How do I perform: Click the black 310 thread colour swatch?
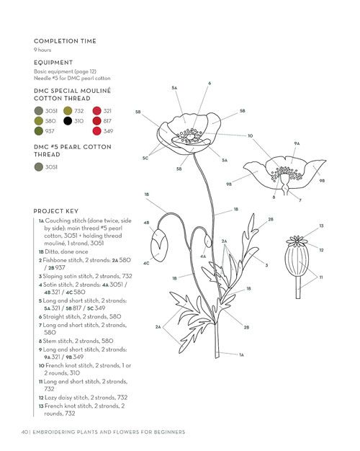(x=68, y=121)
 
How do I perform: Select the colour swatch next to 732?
(x=68, y=111)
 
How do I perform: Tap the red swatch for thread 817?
(x=97, y=121)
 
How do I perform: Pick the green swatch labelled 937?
(x=39, y=131)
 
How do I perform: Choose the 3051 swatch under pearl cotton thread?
(x=39, y=167)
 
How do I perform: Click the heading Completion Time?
(x=65, y=41)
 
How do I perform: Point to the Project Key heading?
(x=55, y=211)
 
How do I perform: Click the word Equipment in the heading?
(x=53, y=63)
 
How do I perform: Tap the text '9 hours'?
(x=42, y=50)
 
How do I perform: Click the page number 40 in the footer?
(x=24, y=432)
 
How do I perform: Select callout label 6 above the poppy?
(x=210, y=83)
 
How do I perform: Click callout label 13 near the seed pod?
(x=321, y=225)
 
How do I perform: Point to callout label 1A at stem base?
(x=241, y=354)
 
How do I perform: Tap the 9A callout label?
(x=297, y=143)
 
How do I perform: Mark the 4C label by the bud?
(x=146, y=263)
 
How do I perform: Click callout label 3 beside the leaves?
(x=266, y=265)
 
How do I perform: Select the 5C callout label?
(x=145, y=158)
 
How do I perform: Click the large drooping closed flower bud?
(x=159, y=245)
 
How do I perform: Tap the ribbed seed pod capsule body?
(x=297, y=262)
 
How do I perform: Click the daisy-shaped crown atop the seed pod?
(x=297, y=241)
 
